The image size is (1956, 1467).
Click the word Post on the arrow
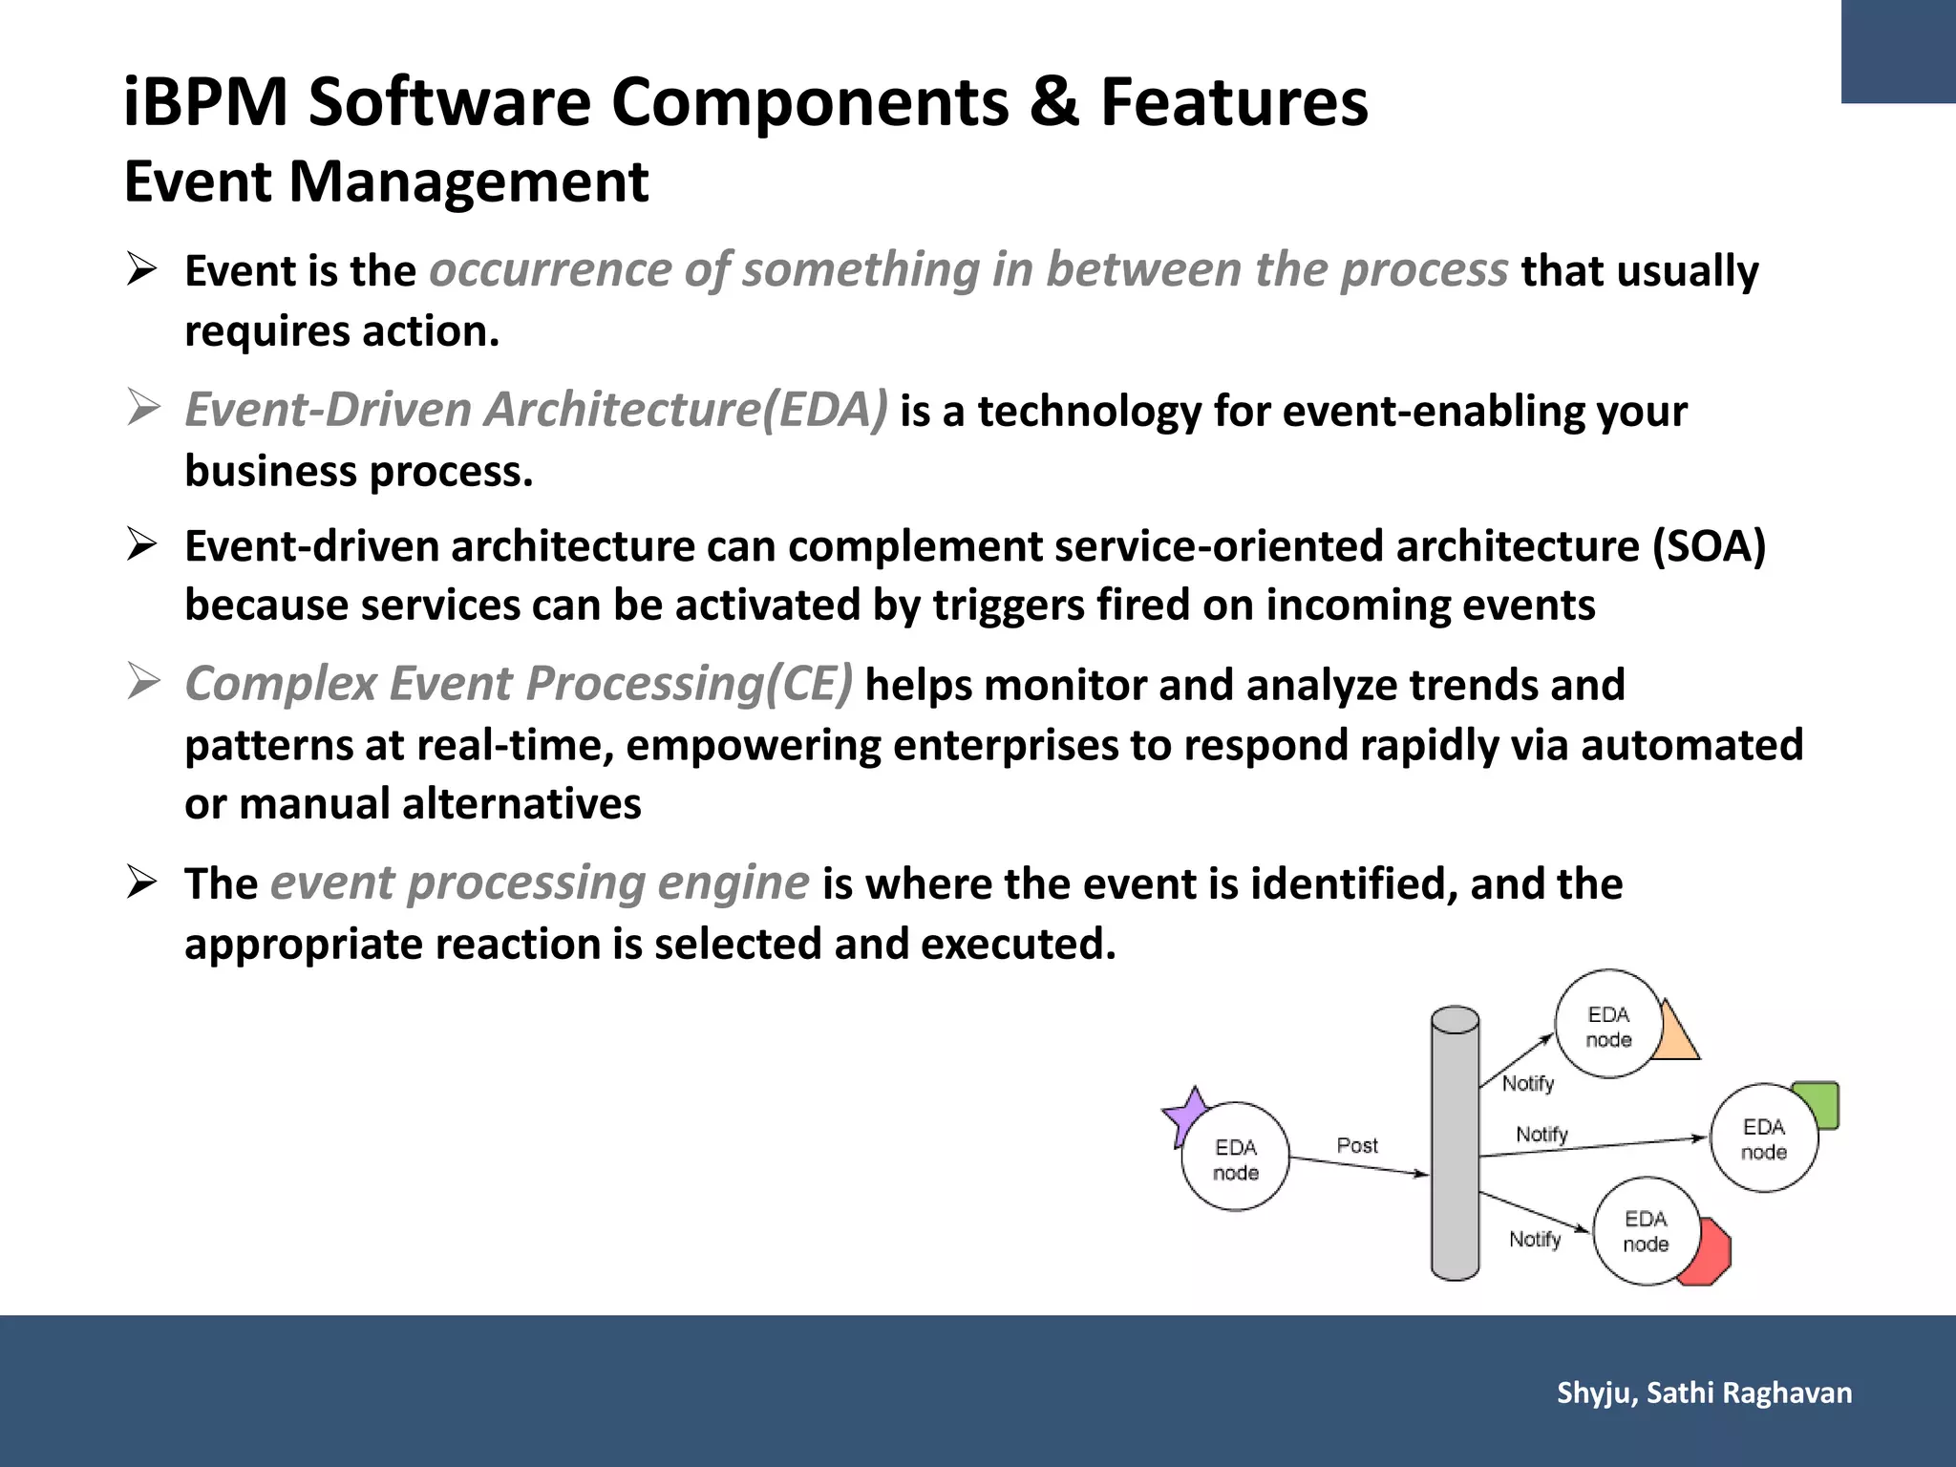tap(1357, 1145)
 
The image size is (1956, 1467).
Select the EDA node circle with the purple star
tap(1236, 1159)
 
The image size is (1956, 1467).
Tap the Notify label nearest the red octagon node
tap(1535, 1240)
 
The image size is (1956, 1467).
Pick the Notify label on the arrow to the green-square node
tap(1541, 1134)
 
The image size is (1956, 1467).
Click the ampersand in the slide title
tap(1054, 101)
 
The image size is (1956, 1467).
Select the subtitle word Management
tap(468, 181)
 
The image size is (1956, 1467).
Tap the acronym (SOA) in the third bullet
tap(1709, 546)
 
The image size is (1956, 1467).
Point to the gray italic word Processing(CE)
tap(689, 684)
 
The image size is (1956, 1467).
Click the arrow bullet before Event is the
tap(142, 270)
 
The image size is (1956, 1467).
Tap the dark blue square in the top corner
tap(1898, 51)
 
